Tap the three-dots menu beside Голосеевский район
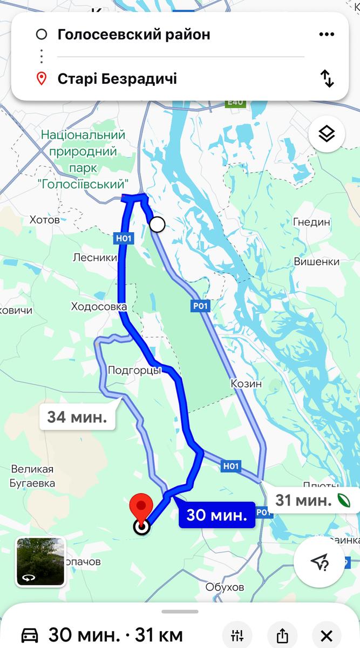tap(327, 35)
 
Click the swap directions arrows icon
tap(328, 79)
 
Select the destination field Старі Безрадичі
tap(117, 79)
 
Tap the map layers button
tap(327, 134)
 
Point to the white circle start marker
tap(157, 224)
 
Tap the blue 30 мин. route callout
tap(217, 515)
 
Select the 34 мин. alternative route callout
tap(77, 417)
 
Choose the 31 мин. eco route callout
tap(310, 500)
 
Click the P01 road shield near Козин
tap(200, 306)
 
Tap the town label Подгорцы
tap(134, 370)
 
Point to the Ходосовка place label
tap(99, 307)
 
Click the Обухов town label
tap(225, 587)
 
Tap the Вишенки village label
tap(317, 261)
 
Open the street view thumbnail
tap(40, 562)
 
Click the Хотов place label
tap(44, 220)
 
